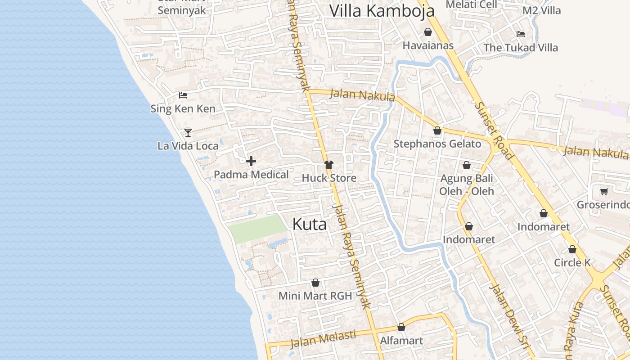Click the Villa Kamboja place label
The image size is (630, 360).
(382, 11)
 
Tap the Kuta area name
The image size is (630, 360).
(310, 224)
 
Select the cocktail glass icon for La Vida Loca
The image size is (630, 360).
(188, 132)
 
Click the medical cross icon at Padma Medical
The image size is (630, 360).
(251, 161)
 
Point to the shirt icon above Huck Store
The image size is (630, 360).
(329, 165)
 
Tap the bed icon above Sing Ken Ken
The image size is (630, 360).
(183, 95)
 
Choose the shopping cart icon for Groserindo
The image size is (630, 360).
(604, 192)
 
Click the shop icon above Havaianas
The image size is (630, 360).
(427, 32)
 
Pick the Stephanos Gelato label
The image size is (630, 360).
(437, 144)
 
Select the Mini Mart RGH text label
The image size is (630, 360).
(315, 296)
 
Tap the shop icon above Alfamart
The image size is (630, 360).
(401, 327)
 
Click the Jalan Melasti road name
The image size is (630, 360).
(323, 339)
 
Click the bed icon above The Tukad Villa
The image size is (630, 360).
(521, 34)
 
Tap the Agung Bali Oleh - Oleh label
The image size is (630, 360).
(467, 184)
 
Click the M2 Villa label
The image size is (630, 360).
(541, 10)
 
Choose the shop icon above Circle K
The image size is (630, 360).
(572, 249)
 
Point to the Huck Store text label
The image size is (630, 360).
(329, 178)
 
